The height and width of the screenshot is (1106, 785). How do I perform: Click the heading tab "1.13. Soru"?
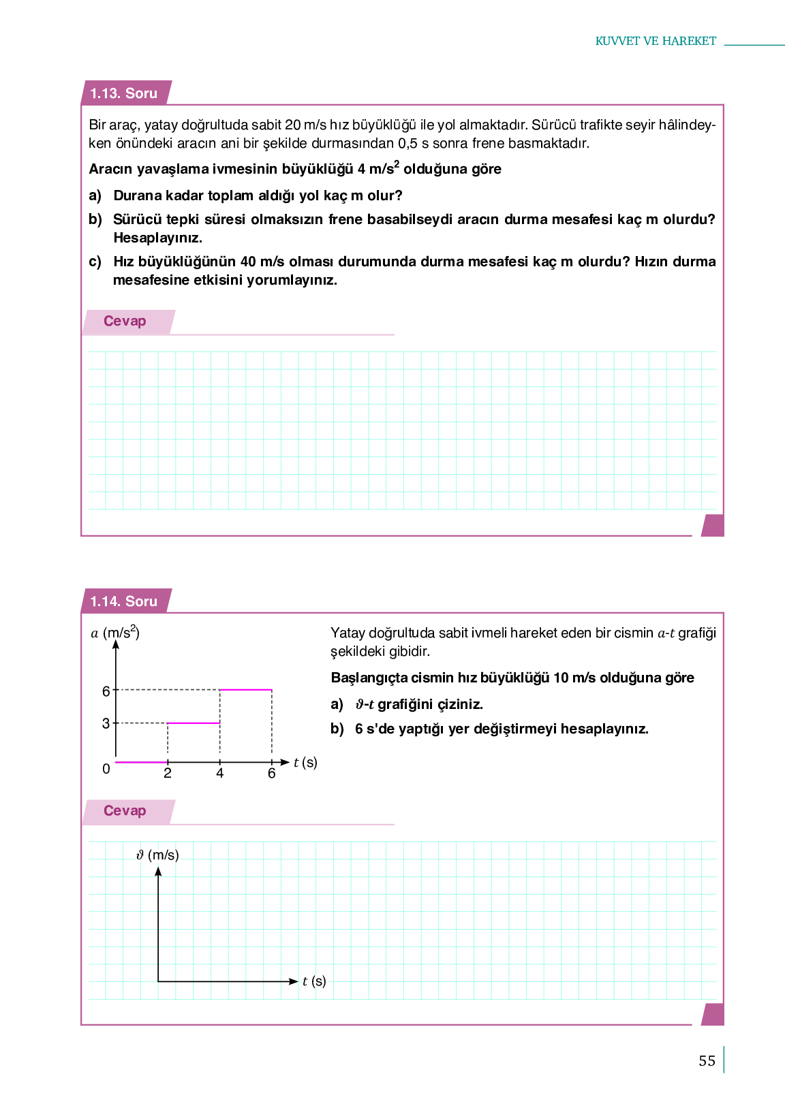click(x=124, y=93)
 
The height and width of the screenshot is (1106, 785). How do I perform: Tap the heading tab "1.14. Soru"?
click(x=124, y=601)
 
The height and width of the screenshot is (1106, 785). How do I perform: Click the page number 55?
click(x=707, y=1061)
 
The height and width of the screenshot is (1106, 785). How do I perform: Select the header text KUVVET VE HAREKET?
click(x=656, y=41)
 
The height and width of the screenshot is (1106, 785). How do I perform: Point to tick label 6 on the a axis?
click(x=106, y=691)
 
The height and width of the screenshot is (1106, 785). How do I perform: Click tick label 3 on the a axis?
click(x=106, y=723)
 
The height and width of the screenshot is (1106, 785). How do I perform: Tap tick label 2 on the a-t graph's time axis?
click(x=168, y=773)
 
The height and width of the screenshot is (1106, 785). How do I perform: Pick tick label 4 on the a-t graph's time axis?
click(x=219, y=773)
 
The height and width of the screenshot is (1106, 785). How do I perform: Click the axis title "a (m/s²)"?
click(x=115, y=633)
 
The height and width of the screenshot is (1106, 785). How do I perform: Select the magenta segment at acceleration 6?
click(x=246, y=690)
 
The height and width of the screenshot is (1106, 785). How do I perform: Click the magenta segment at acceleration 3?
click(x=194, y=723)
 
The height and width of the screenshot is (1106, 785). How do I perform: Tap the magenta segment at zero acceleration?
click(x=142, y=762)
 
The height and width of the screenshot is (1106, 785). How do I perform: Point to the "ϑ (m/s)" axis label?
click(x=157, y=855)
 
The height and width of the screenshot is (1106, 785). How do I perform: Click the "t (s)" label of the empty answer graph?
click(x=314, y=981)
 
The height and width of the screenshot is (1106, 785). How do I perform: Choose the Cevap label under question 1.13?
click(x=125, y=321)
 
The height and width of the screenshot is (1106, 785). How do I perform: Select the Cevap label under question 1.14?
click(x=125, y=810)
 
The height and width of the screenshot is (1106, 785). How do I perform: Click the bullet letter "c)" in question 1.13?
click(x=95, y=262)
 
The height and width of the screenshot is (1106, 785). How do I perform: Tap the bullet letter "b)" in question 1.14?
click(x=337, y=729)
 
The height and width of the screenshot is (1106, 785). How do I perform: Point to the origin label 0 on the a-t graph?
click(x=106, y=769)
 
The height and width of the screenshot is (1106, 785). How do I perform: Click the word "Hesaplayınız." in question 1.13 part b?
click(x=157, y=238)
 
